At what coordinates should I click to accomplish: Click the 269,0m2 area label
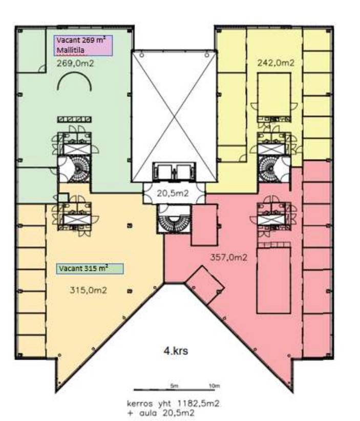75,64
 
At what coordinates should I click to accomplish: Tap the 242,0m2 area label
276,63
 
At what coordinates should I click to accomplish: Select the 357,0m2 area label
229,258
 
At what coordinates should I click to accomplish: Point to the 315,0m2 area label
88,290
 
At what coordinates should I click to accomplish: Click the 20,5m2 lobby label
173,193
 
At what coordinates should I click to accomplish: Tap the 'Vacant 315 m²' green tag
90,268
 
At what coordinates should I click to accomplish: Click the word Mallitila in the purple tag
71,50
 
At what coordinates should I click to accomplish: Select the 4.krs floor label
176,351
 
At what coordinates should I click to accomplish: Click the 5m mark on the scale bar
174,386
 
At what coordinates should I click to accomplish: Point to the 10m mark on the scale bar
215,386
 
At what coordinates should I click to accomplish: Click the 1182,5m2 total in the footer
198,404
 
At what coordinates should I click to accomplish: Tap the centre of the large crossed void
174,116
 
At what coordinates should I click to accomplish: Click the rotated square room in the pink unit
205,284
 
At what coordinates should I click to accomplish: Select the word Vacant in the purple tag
68,40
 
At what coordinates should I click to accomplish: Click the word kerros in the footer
140,404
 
